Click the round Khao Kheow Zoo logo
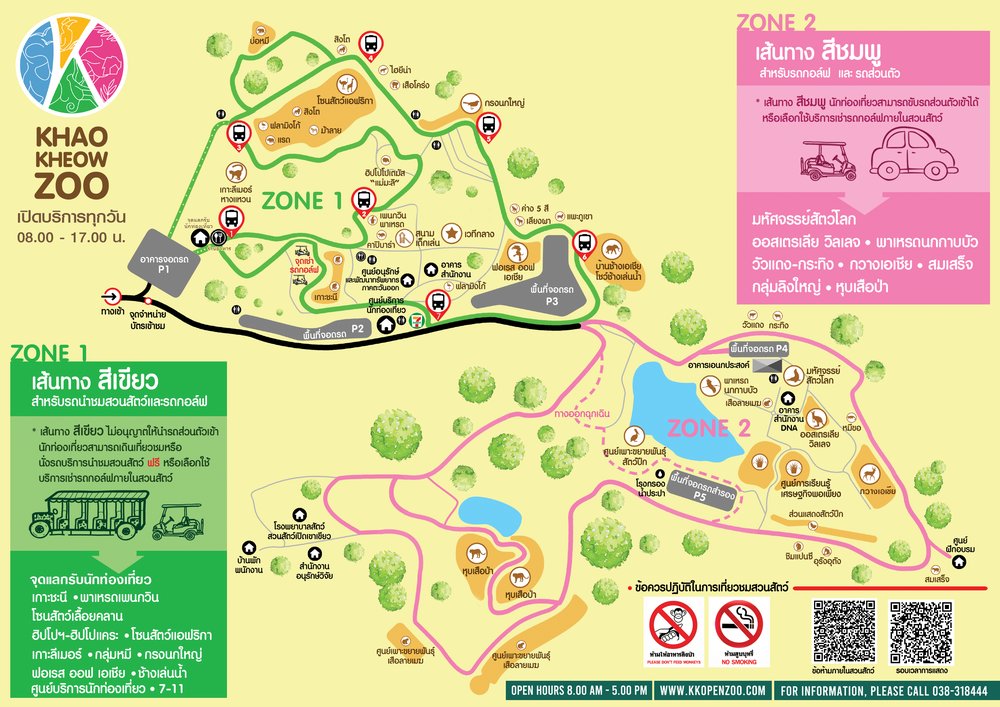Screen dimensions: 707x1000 pos(73,64)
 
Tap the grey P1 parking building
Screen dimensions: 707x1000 pos(162,264)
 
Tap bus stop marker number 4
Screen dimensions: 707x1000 pos(371,46)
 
